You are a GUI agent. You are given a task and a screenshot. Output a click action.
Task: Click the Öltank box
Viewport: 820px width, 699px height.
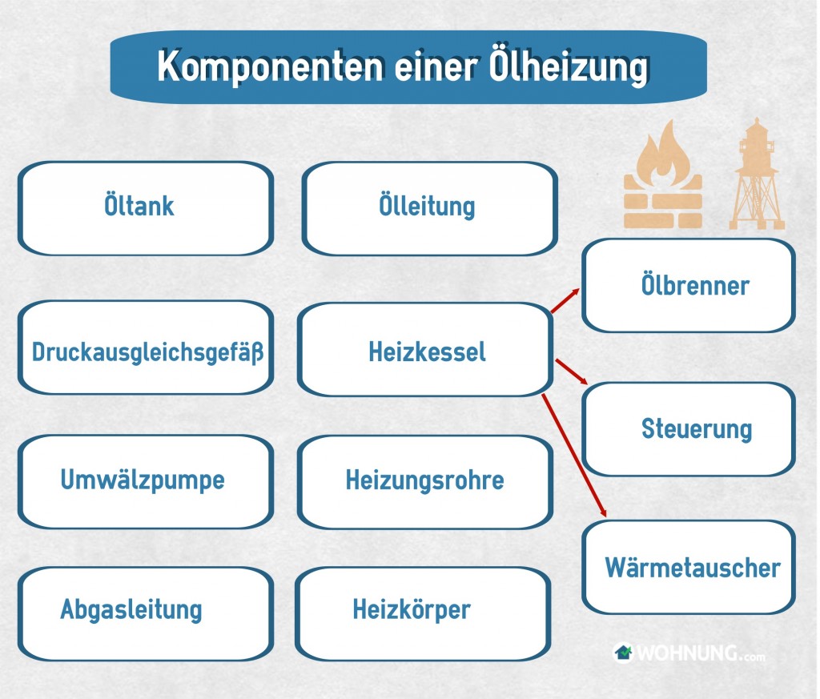tap(146, 208)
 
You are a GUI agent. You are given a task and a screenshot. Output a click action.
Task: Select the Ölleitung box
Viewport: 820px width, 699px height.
tap(430, 208)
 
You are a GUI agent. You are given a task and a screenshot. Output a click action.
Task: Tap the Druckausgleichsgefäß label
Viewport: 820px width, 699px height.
tap(147, 352)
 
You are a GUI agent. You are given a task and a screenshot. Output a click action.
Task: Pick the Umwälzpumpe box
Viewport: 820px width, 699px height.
tap(146, 481)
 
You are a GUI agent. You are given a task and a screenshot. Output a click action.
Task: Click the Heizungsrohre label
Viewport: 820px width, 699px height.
tap(424, 480)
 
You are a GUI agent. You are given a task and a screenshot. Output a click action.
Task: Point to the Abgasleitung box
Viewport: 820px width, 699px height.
tap(146, 614)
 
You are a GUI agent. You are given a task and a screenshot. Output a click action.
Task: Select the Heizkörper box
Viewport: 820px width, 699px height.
tap(423, 614)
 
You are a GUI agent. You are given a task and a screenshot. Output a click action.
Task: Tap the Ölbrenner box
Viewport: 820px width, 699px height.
tap(689, 286)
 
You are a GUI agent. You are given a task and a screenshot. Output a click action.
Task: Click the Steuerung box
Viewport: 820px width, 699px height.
tap(689, 429)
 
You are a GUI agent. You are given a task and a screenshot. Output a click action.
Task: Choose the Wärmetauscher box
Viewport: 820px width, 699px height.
tap(689, 567)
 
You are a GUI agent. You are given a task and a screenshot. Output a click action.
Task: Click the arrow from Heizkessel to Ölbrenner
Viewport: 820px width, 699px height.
tap(565, 300)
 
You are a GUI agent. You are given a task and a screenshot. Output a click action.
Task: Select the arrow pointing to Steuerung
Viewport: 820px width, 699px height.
tap(572, 372)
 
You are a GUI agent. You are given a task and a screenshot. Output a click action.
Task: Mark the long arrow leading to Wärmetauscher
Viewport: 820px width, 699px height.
tap(574, 456)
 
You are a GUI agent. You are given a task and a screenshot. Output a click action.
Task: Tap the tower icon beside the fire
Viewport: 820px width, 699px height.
tap(757, 174)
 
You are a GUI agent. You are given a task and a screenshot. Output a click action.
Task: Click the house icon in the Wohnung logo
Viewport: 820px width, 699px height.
tap(622, 653)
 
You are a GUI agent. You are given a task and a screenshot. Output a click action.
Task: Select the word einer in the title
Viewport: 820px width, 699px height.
tap(436, 67)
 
